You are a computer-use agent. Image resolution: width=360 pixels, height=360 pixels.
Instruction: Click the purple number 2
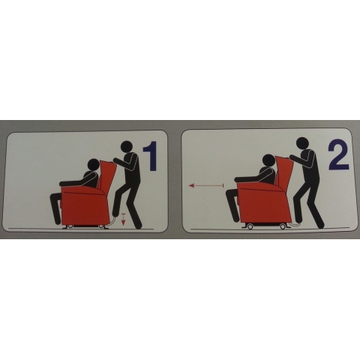[338, 155]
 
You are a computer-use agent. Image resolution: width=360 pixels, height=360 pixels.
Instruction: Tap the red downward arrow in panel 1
[123, 220]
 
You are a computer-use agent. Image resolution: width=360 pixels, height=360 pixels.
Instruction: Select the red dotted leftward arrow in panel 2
[206, 185]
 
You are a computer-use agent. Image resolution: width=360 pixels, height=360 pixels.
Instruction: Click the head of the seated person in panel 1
[93, 165]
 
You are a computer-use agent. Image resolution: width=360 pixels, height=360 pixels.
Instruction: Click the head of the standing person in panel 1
[127, 147]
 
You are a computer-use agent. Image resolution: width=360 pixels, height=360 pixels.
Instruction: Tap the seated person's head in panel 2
[268, 160]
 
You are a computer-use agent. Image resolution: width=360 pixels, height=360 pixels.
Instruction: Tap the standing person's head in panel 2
[303, 144]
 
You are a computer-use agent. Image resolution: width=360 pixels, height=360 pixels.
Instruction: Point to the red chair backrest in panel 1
[107, 175]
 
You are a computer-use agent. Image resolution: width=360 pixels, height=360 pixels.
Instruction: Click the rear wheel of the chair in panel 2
[283, 226]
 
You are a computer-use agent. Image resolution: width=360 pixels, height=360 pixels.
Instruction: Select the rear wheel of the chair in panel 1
[102, 226]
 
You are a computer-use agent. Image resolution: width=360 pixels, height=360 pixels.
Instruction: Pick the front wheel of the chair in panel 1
[70, 226]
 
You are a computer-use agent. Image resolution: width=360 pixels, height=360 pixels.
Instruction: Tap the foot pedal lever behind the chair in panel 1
[112, 222]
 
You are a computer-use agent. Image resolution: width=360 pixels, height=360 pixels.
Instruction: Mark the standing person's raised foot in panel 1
[115, 212]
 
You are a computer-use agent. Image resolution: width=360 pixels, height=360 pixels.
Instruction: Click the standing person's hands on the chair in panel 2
[292, 157]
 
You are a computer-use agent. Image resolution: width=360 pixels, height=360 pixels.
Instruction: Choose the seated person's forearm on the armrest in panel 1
[70, 184]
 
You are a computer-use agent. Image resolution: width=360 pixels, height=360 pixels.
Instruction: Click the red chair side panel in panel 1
[85, 206]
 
